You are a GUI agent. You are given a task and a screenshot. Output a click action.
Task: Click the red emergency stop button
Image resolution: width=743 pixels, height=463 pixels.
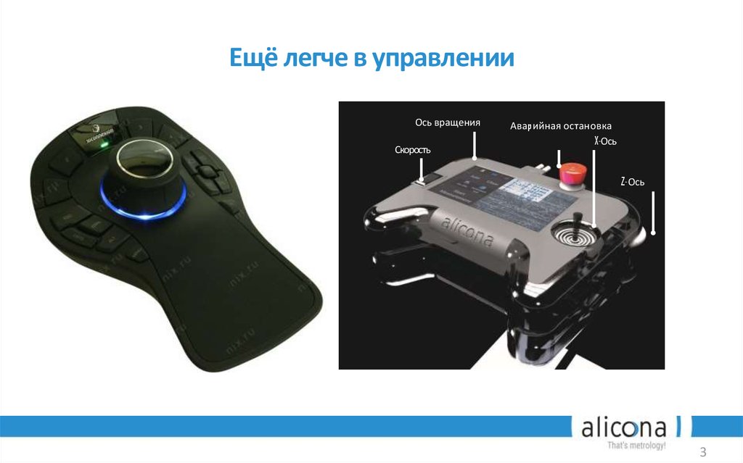click(572, 172)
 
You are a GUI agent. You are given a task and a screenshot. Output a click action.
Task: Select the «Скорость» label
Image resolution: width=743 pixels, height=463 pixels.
click(413, 149)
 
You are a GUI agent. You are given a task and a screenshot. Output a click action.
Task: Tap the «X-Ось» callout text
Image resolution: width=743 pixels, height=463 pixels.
click(604, 141)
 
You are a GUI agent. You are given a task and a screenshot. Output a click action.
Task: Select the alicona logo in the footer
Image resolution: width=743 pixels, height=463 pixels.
click(628, 427)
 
